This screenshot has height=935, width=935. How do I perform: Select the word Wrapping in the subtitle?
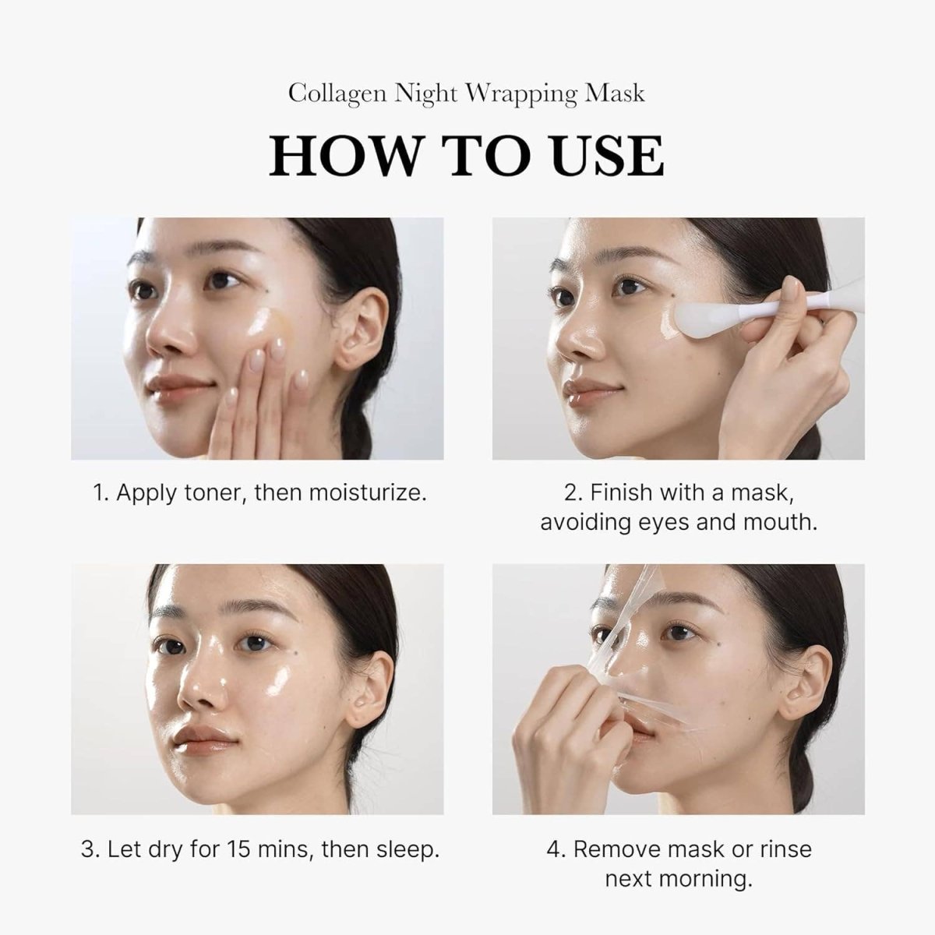click(521, 93)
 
